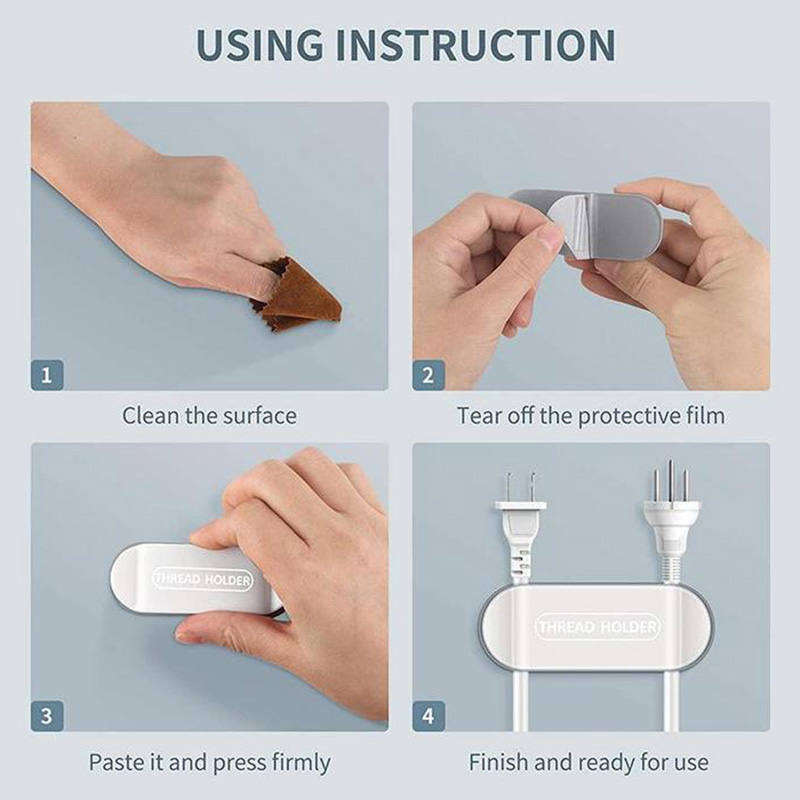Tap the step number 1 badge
coord(47,375)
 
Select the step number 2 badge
coord(428,375)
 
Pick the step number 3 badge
coord(47,716)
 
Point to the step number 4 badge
coord(428,716)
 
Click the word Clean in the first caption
coord(151,416)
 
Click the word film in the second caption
coord(705,416)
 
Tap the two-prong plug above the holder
coord(520,531)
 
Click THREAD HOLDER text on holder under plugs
coord(597,627)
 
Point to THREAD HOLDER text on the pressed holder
coord(203,579)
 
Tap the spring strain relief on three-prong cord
coord(670,568)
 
